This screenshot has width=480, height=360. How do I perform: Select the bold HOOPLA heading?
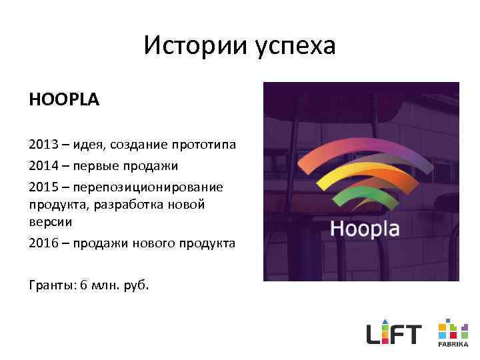(x=64, y=101)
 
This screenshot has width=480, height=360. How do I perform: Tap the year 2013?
(x=43, y=145)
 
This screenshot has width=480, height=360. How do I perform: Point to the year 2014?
(x=43, y=165)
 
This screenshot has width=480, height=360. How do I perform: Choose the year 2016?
(x=43, y=243)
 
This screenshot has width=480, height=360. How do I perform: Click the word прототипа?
(x=204, y=145)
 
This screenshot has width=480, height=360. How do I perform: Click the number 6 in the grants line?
(x=83, y=285)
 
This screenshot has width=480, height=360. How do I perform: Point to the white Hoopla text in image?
(x=365, y=229)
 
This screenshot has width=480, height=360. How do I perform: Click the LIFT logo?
(x=394, y=331)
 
